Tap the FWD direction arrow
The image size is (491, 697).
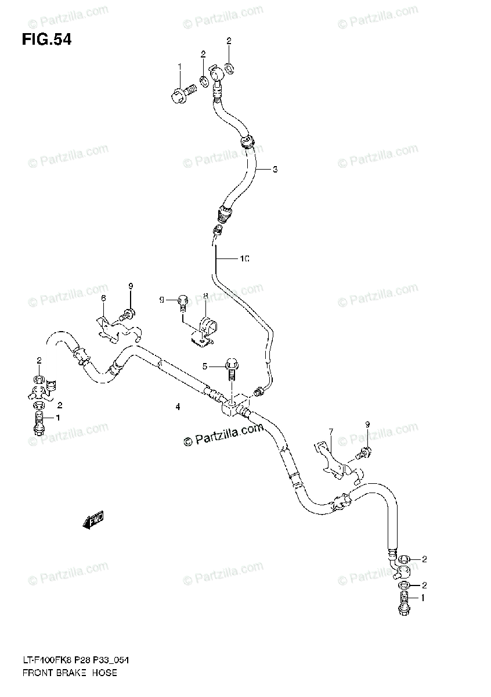click(x=93, y=521)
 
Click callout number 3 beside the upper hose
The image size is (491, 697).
click(x=275, y=170)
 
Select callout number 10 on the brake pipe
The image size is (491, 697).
click(x=245, y=258)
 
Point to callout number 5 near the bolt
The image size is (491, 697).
click(x=204, y=365)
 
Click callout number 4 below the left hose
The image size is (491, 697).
click(x=178, y=407)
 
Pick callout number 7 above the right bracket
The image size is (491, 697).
click(x=330, y=431)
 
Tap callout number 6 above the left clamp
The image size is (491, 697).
click(x=103, y=298)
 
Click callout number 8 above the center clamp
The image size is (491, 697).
click(x=205, y=297)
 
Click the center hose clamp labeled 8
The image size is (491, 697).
click(x=203, y=330)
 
